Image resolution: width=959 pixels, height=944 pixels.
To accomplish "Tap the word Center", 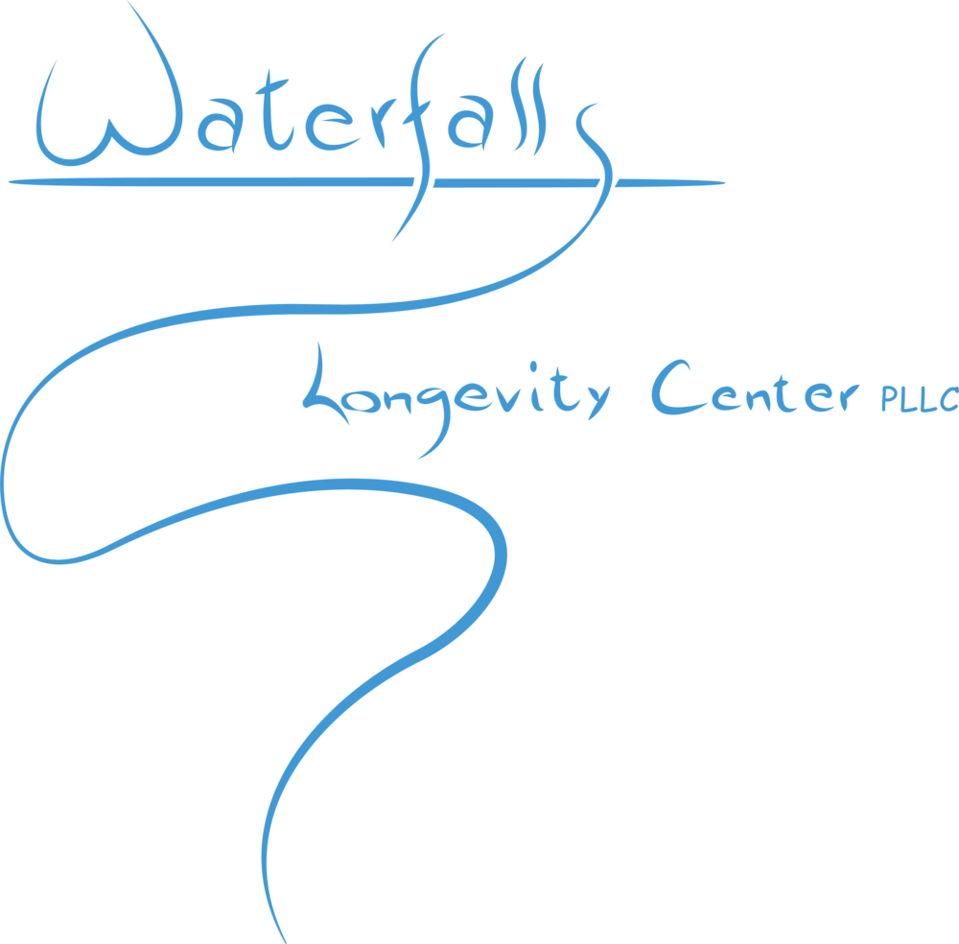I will pyautogui.click(x=753, y=391).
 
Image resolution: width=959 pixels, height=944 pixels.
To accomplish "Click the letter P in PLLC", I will pyautogui.click(x=889, y=400).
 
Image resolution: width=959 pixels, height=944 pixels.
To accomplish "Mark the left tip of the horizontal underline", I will pyautogui.click(x=9, y=180).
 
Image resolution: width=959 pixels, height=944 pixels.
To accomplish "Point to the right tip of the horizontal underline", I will pyautogui.click(x=724, y=181).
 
